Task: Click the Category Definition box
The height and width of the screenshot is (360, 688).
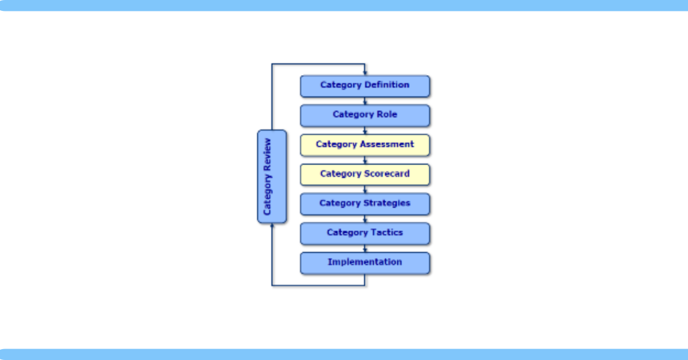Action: tap(365, 87)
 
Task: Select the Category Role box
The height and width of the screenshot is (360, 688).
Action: tap(365, 116)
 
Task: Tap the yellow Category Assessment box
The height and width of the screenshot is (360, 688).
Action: tap(365, 145)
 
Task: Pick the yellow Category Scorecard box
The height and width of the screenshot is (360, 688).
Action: tap(365, 175)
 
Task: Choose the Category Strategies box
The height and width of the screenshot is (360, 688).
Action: tap(365, 204)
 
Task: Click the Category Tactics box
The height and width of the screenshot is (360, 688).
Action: tap(365, 234)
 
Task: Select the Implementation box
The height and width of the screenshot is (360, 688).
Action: tap(365, 263)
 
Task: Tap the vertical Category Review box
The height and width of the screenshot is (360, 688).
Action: tap(272, 177)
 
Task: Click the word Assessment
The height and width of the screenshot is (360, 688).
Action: tap(386, 144)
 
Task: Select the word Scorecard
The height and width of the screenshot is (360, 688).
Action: tap(386, 174)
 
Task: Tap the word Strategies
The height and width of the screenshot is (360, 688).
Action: tap(386, 204)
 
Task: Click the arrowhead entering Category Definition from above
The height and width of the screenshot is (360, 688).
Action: tap(365, 73)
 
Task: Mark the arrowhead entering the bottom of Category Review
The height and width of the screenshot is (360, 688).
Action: tap(272, 226)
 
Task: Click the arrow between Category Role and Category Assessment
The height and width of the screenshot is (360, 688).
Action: tap(365, 131)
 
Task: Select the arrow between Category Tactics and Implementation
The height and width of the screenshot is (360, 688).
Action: tap(365, 248)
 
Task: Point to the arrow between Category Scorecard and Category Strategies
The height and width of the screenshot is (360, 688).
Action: tap(365, 190)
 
